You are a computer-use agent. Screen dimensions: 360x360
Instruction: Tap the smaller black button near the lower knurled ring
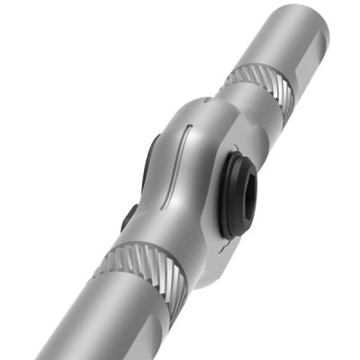129,217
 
